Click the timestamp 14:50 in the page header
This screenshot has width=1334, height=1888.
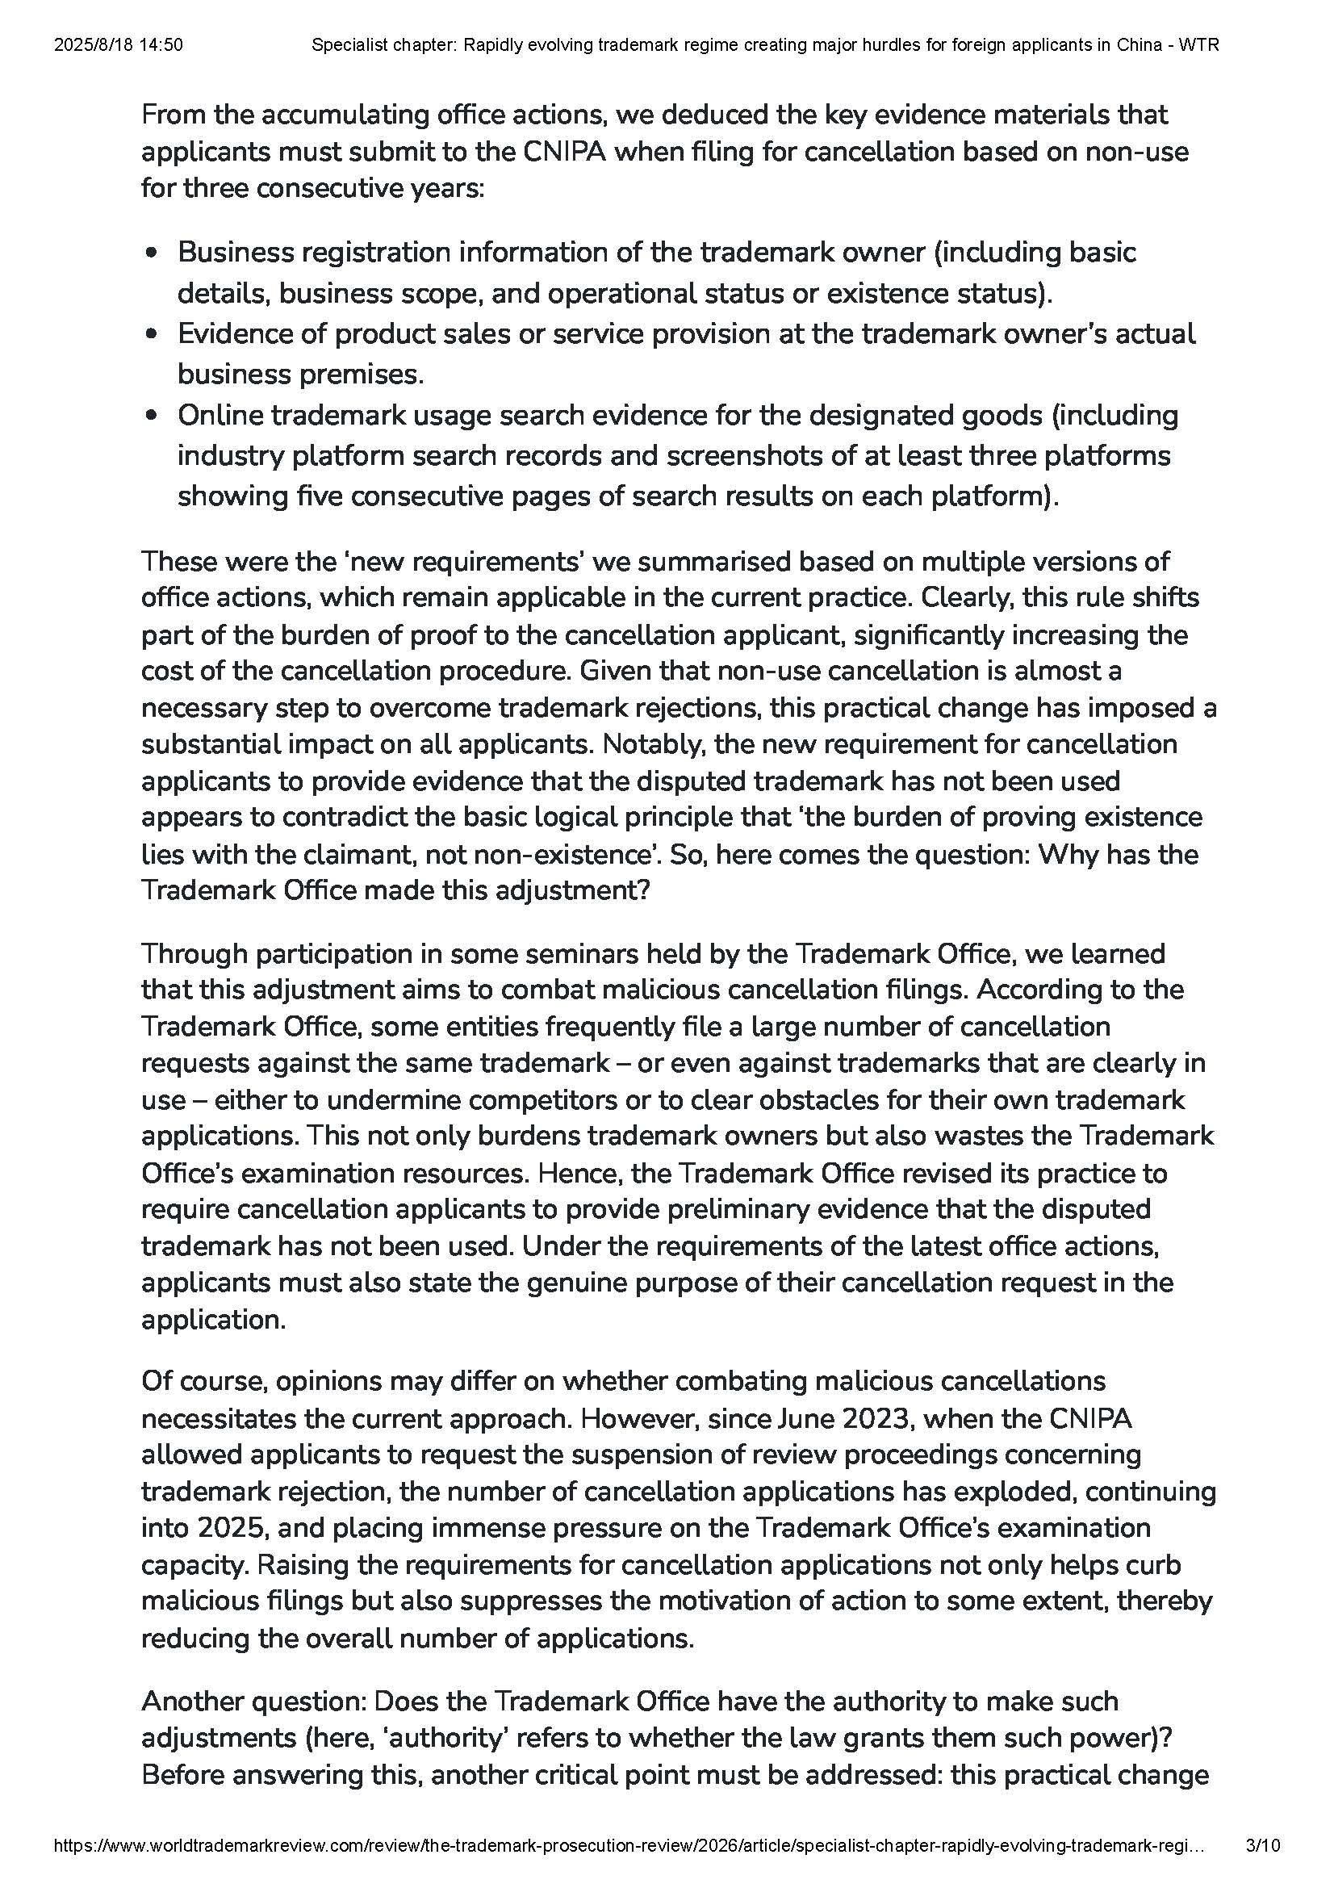163,45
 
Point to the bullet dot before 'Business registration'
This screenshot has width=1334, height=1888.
151,253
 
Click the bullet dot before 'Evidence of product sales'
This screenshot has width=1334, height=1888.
151,335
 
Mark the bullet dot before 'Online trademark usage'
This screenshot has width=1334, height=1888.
151,416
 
